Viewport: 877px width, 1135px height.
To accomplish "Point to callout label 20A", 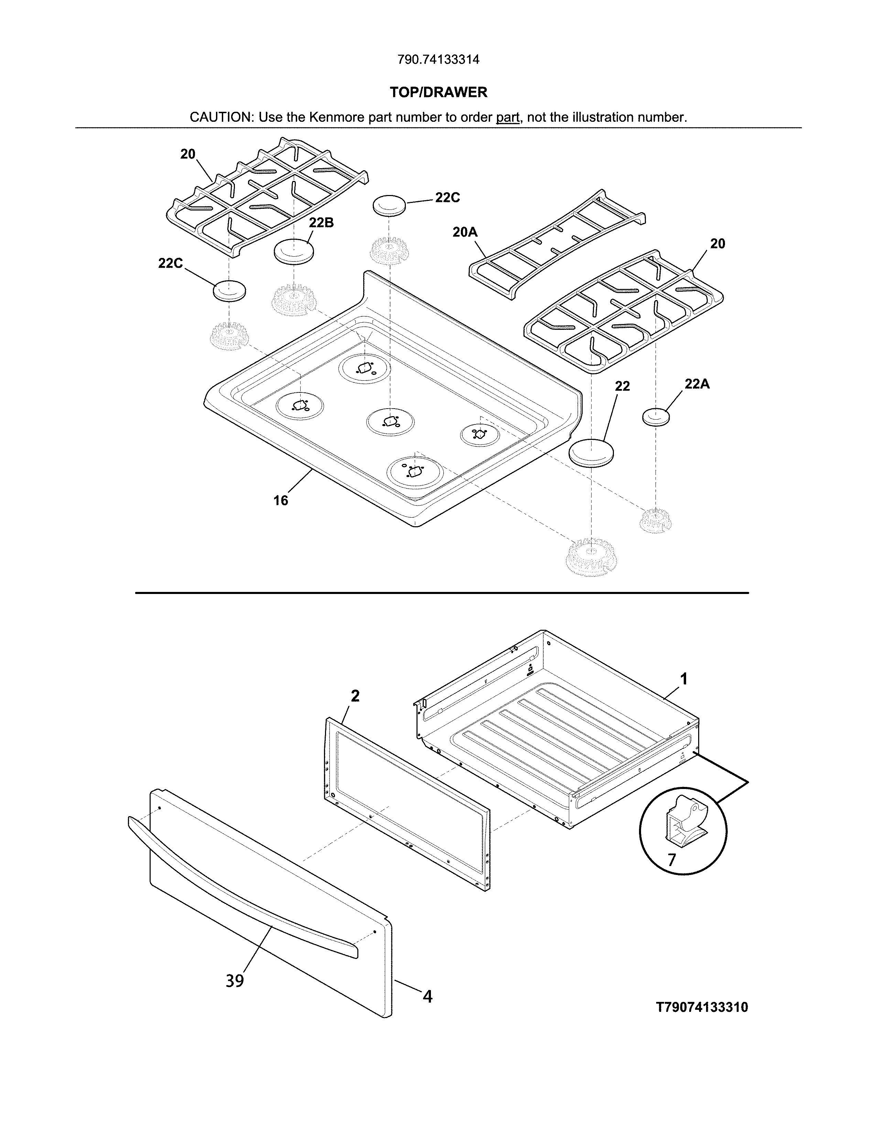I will (465, 232).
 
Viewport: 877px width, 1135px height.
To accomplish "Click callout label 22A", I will (697, 384).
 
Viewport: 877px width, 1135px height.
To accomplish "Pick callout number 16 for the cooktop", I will (281, 500).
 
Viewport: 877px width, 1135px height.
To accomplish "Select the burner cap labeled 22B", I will (294, 251).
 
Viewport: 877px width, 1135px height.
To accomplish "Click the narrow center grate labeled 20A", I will (557, 245).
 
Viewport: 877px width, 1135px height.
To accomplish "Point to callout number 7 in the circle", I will (672, 860).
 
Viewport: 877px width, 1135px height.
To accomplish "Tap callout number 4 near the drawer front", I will (427, 996).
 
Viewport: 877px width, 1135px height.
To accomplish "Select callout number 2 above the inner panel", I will (355, 696).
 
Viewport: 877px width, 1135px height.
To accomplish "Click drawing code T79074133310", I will (702, 1007).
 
